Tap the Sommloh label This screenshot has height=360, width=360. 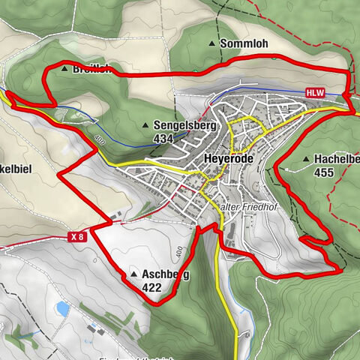pyautogui.click(x=244, y=44)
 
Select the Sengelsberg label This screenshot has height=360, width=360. pyautogui.click(x=184, y=125)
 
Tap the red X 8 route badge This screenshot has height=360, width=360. pyautogui.click(x=76, y=237)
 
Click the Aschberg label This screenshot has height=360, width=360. pyautogui.click(x=165, y=275)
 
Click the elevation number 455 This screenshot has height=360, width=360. pyautogui.click(x=325, y=172)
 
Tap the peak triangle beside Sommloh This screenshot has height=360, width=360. pyautogui.click(x=211, y=44)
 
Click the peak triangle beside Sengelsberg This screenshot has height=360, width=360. pyautogui.click(x=145, y=125)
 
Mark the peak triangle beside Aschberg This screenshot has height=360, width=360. pyautogui.click(x=133, y=274)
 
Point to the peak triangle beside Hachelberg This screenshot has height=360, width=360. pyautogui.click(x=306, y=159)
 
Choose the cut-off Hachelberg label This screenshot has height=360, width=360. pyautogui.click(x=337, y=159)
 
